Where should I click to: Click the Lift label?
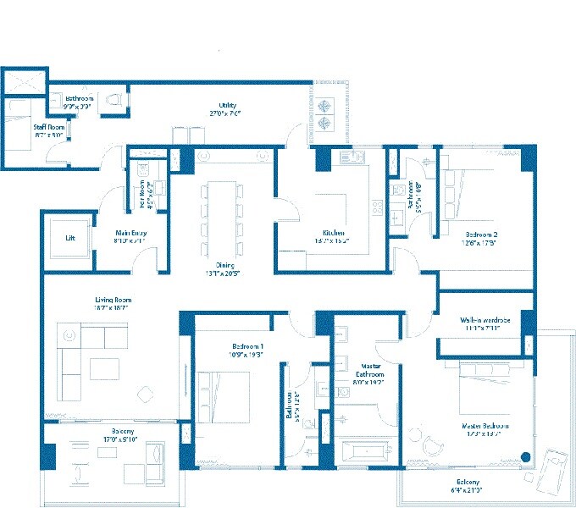70,238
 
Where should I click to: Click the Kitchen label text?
333,234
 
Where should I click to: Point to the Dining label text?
223,263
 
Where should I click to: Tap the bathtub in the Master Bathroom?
364,450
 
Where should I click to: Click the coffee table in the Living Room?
105,369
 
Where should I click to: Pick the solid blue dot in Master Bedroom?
525,456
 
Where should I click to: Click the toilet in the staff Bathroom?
114,101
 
